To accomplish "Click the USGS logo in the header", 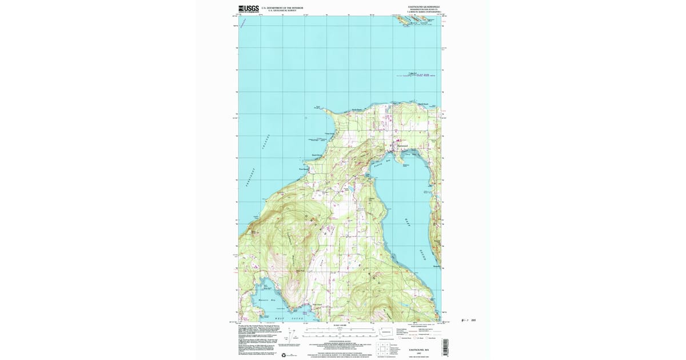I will pos(248,9).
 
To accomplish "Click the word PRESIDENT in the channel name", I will pos(252,179).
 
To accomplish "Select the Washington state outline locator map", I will pos(386,331).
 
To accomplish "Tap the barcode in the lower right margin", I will pos(445,347).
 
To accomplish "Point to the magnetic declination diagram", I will pos(294,336).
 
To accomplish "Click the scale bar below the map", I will pos(340,329).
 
